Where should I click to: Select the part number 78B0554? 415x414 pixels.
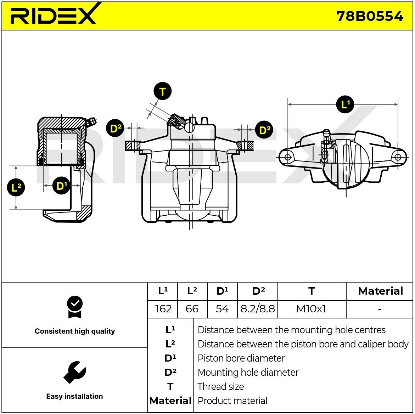click(370, 16)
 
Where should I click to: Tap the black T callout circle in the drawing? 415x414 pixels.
click(162, 91)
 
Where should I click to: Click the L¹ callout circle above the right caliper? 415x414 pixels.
click(345, 104)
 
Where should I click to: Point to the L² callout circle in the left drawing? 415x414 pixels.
click(16, 187)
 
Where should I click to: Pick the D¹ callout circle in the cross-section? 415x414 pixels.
click(61, 186)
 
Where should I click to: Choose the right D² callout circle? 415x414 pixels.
click(264, 130)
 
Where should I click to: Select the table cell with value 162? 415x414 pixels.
click(163, 309)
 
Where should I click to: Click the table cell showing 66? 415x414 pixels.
click(192, 309)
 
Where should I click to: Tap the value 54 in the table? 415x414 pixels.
click(222, 309)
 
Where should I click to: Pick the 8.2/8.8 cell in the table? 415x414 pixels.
click(258, 309)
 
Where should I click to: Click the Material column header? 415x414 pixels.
click(380, 291)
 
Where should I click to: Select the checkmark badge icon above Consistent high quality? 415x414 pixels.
click(75, 307)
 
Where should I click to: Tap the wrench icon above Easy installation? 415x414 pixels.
click(75, 372)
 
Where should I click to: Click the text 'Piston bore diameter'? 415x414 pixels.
click(241, 358)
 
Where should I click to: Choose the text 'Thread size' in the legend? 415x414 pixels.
click(221, 387)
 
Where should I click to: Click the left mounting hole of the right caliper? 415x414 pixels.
click(287, 157)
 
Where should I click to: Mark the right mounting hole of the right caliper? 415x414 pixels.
click(398, 157)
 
